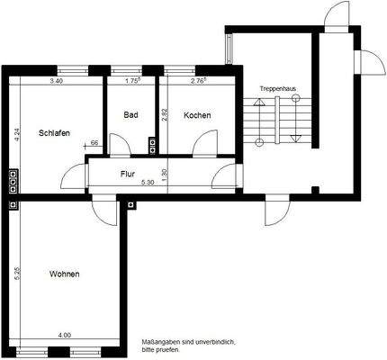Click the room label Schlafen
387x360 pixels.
[x=54, y=133]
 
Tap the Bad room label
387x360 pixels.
[x=130, y=115]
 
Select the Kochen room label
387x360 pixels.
[x=197, y=115]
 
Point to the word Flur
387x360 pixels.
[x=128, y=174]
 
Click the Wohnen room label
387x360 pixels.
[x=63, y=274]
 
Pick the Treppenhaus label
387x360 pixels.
[x=277, y=89]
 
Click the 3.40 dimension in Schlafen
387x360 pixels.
[x=56, y=82]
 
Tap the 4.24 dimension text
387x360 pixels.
[x=15, y=135]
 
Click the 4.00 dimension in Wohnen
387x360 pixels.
[x=64, y=336]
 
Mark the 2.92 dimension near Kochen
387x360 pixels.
[x=163, y=115]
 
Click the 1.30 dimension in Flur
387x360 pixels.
[x=163, y=174]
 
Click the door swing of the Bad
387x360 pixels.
[x=119, y=145]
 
